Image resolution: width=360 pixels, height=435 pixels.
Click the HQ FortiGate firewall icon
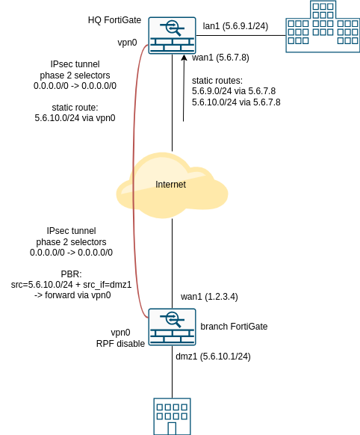[x=172, y=35]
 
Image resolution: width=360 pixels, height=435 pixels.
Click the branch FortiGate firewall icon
[x=172, y=327]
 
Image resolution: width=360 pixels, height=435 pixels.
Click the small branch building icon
[x=172, y=416]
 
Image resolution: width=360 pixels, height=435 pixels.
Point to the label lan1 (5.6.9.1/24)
[x=235, y=26]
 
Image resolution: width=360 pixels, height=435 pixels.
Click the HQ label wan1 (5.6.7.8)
[x=220, y=58]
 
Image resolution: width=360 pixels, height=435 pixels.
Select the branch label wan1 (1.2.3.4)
[x=209, y=297]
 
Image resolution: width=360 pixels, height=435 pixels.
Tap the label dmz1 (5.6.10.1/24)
[x=213, y=357]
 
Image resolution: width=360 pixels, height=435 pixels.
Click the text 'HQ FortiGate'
[x=114, y=19]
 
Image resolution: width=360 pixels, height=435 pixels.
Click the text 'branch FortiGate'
[x=234, y=327]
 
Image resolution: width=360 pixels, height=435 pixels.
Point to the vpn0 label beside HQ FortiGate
[x=127, y=43]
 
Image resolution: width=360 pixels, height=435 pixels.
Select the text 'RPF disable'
[x=120, y=344]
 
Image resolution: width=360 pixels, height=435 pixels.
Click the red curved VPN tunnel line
[x=134, y=187]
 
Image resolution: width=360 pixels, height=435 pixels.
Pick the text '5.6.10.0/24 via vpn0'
[x=75, y=118]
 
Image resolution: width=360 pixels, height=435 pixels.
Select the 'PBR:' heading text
[x=71, y=274]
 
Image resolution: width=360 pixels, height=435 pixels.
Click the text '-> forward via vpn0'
[x=72, y=295]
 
